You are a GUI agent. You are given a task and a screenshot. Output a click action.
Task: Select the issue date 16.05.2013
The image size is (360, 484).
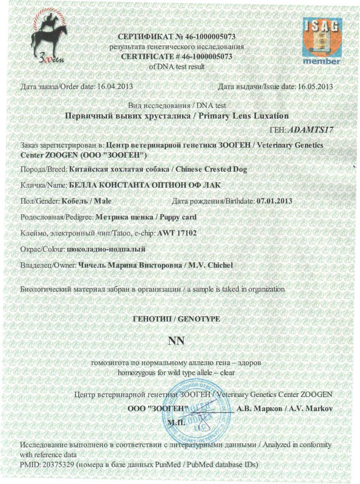(x=315, y=87)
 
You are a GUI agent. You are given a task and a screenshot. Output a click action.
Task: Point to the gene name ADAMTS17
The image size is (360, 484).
(x=310, y=129)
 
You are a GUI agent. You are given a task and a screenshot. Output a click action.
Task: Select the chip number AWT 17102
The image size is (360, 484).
(x=177, y=233)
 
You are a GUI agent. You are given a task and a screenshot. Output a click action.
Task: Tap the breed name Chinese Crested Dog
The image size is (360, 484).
(x=211, y=169)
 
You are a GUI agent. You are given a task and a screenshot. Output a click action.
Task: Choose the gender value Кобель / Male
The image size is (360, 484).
(x=86, y=201)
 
